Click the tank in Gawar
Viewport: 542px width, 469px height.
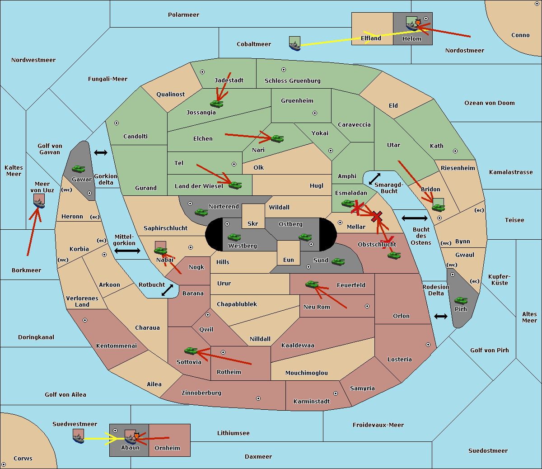point(78,169)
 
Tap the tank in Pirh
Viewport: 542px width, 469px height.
point(461,300)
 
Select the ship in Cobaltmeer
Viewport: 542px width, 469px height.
point(295,43)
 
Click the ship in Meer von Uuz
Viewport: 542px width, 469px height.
point(39,201)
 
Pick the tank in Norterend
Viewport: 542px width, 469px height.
point(201,212)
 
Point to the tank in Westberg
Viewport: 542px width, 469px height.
point(234,237)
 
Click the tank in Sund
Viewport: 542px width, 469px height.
point(338,261)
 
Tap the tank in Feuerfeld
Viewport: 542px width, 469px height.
point(312,284)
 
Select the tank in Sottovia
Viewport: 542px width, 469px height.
point(191,351)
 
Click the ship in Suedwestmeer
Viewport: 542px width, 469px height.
point(79,436)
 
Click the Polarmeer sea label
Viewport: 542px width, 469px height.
point(183,15)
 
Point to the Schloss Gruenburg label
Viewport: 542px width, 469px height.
point(292,81)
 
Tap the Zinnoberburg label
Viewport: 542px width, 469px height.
point(201,393)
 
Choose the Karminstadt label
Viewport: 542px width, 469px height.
point(312,401)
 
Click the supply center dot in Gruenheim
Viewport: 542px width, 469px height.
point(315,113)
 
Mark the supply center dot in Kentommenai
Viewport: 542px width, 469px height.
point(85,320)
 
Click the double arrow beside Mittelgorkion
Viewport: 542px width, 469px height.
point(127,251)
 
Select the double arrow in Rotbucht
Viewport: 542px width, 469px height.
point(167,290)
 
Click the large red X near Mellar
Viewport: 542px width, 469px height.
point(377,217)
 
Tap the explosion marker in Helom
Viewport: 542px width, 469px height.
point(418,22)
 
